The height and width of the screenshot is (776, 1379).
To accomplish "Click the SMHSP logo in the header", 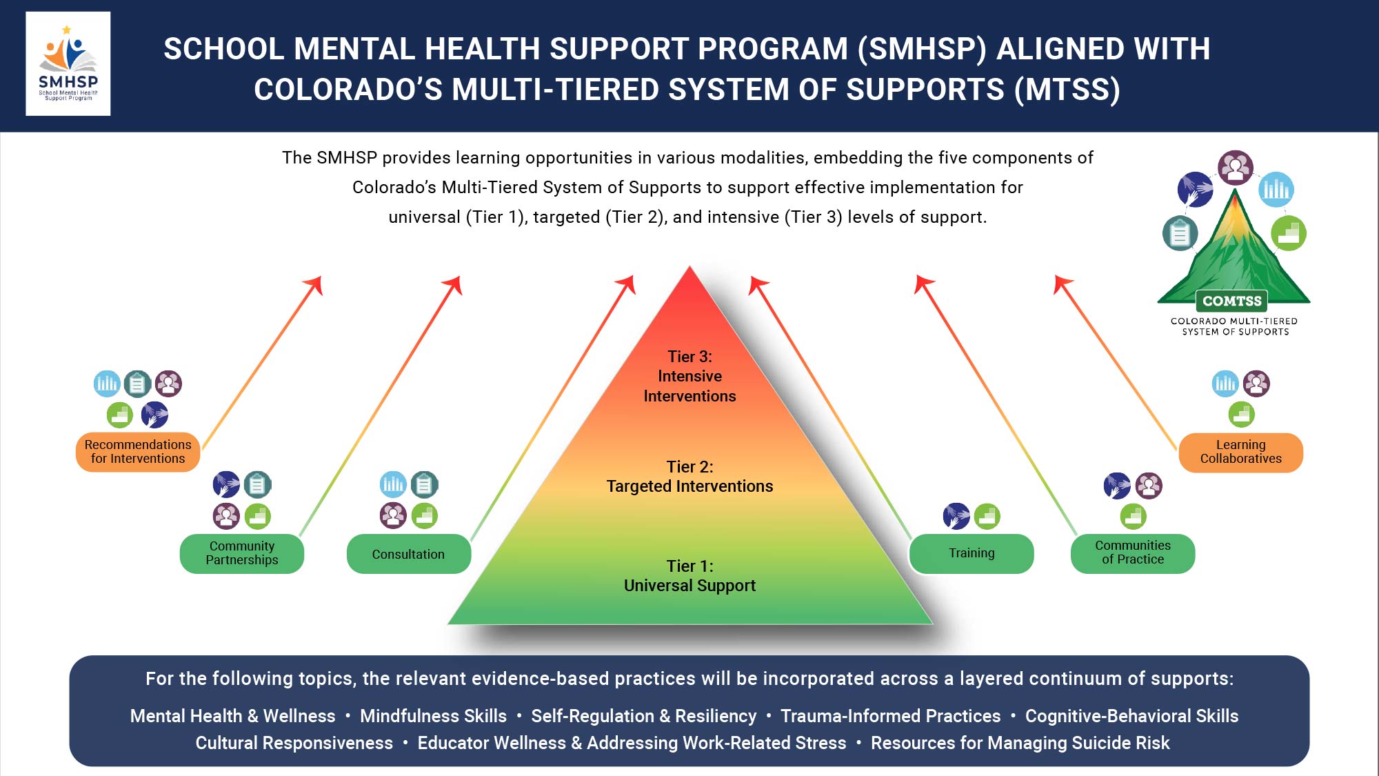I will pyautogui.click(x=68, y=63).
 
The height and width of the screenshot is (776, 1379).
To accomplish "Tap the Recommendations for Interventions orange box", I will pyautogui.click(x=138, y=452).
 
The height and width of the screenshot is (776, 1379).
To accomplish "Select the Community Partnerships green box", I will pyautogui.click(x=242, y=553).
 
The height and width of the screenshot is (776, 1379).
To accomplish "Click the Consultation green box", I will pyautogui.click(x=408, y=554).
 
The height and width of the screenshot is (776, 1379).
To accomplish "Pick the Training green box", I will pyautogui.click(x=972, y=553).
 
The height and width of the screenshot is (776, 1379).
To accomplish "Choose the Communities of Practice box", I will pyautogui.click(x=1132, y=553).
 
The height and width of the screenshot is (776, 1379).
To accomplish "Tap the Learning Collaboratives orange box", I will pyautogui.click(x=1240, y=452).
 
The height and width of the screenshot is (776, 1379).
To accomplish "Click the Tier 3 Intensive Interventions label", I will pyautogui.click(x=689, y=376).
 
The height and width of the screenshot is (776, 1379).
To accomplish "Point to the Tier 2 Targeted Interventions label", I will pyautogui.click(x=689, y=477).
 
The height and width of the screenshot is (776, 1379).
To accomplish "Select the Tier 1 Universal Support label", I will pyautogui.click(x=689, y=576).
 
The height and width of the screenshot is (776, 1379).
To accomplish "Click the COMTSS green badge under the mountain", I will pyautogui.click(x=1231, y=301).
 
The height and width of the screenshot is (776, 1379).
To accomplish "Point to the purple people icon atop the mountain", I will pyautogui.click(x=1235, y=168).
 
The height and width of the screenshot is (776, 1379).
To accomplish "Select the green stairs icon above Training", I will pyautogui.click(x=987, y=516).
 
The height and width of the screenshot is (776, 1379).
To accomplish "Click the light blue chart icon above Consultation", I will pyautogui.click(x=393, y=484).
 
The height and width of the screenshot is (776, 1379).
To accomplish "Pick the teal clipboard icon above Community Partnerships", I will pyautogui.click(x=257, y=485).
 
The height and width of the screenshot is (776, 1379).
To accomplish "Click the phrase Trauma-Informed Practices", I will pyautogui.click(x=890, y=716).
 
